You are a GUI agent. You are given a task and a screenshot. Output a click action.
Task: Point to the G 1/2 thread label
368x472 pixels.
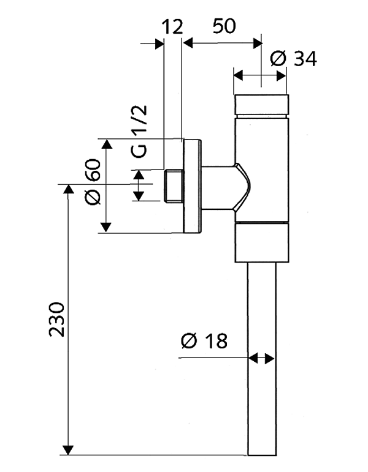click(140, 130)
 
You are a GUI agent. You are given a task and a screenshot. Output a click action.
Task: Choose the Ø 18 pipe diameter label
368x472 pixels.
click(204, 340)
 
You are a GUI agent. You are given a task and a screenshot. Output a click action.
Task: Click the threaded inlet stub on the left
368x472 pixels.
click(174, 185)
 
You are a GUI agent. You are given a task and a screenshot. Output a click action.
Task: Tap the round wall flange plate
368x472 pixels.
click(192, 186)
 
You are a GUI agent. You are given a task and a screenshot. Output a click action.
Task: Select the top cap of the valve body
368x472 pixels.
click(261, 105)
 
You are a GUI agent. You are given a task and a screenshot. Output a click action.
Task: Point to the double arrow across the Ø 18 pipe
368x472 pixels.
click(261, 358)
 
